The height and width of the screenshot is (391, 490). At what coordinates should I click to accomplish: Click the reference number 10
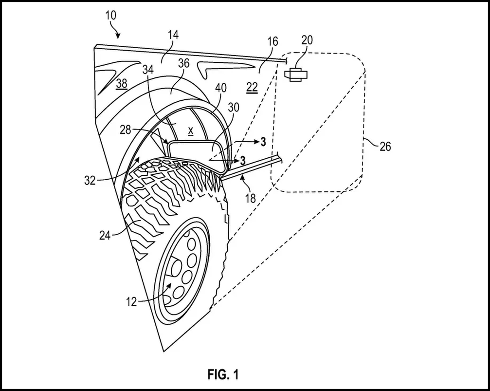coord(111,15)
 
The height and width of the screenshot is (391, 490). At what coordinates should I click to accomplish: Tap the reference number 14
coord(173,35)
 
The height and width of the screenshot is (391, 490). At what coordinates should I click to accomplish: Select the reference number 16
coord(273,41)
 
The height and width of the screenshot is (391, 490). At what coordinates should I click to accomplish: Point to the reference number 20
coord(307,40)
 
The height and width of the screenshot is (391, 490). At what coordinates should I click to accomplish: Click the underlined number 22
coord(252,88)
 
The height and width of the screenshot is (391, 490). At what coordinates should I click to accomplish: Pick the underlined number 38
coord(121,84)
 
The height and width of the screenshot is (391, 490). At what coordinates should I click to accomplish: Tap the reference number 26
coord(385,146)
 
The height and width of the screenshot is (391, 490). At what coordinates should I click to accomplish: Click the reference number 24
coord(105,235)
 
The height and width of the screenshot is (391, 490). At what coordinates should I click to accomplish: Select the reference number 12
coord(131,301)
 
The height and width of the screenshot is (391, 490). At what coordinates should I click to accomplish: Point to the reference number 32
coord(90,180)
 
